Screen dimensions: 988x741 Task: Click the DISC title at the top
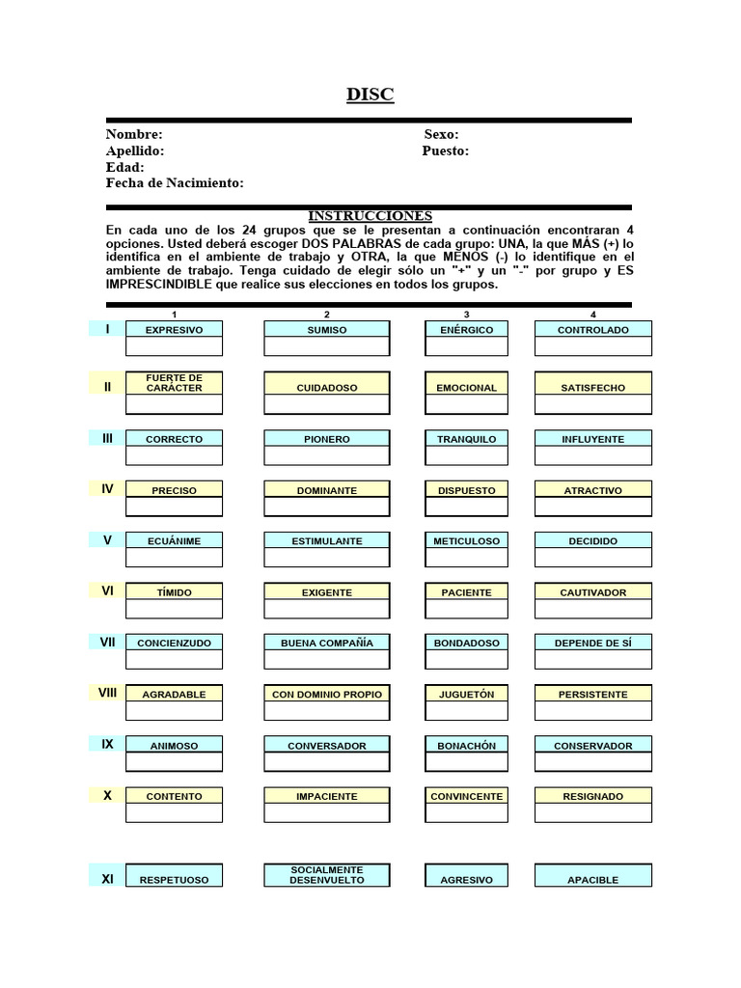pos(370,95)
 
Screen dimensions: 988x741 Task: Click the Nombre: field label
pos(134,135)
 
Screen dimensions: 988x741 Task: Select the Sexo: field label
pos(441,135)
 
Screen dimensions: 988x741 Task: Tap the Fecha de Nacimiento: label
pos(175,183)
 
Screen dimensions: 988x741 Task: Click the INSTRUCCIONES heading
pos(370,216)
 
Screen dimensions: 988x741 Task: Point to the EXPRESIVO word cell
pos(174,330)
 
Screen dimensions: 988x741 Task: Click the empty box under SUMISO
pos(327,347)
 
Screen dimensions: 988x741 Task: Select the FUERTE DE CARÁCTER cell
pos(174,382)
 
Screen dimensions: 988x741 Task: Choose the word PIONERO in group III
pos(327,439)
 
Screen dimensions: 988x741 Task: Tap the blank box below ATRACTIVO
pos(593,507)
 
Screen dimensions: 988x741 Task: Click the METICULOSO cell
pos(467,541)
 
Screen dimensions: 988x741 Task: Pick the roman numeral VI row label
pos(107,590)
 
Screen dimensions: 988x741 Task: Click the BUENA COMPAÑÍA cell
pos(327,643)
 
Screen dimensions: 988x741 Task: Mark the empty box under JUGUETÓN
pos(467,711)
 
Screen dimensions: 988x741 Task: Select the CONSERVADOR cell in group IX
pos(593,746)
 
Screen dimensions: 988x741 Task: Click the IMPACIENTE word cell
pos(327,797)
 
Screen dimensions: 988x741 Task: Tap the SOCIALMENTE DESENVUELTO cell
pos(327,875)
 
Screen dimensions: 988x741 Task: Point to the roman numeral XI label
pos(107,879)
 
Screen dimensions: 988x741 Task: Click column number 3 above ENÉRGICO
pos(467,315)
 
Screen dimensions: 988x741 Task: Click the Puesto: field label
pos(446,151)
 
